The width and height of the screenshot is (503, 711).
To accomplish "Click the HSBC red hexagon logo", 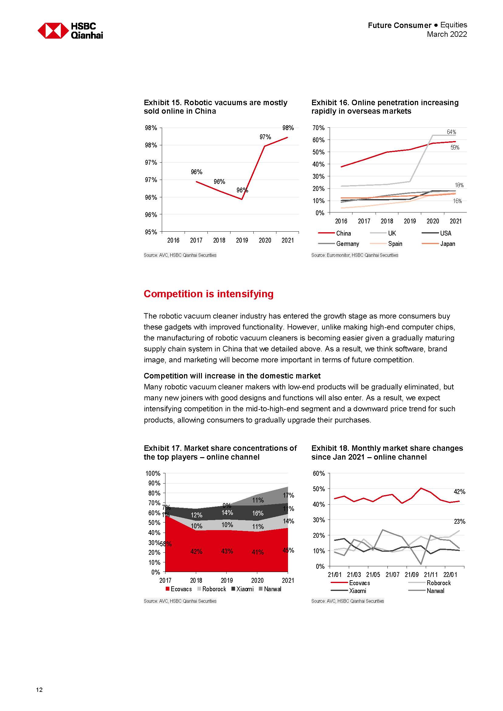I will point(53,31).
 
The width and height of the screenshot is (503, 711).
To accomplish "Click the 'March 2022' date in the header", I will point(447,34).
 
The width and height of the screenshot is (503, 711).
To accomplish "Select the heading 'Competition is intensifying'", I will point(208,294).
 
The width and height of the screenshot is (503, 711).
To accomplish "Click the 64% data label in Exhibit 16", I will point(451,132).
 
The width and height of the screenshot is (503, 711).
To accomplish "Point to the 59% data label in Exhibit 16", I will point(455,148).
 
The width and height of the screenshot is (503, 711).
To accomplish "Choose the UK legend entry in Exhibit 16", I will point(392,233).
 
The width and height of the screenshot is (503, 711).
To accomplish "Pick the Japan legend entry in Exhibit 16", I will point(448,244).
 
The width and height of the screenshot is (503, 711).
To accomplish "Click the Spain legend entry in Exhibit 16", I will point(395,244).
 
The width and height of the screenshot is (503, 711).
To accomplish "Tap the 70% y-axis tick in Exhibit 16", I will point(318,128).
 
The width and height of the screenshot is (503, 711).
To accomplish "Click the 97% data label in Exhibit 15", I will point(265,137).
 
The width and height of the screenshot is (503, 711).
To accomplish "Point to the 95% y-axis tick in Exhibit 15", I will point(151,232).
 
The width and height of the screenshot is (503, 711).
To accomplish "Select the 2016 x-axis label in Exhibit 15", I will point(173,240).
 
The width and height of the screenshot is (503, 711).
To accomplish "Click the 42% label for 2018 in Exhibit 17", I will point(196,551).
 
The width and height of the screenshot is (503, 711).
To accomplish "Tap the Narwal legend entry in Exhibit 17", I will point(272,589).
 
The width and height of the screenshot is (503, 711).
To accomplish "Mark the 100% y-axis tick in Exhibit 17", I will point(153,474).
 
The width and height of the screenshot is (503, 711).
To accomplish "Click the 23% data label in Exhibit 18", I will point(459,522).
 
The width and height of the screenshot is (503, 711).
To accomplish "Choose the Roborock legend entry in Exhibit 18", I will point(439,583).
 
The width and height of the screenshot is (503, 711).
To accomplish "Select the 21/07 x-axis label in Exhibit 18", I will point(392,575).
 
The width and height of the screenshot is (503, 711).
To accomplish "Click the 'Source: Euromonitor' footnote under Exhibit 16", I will point(355,255).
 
